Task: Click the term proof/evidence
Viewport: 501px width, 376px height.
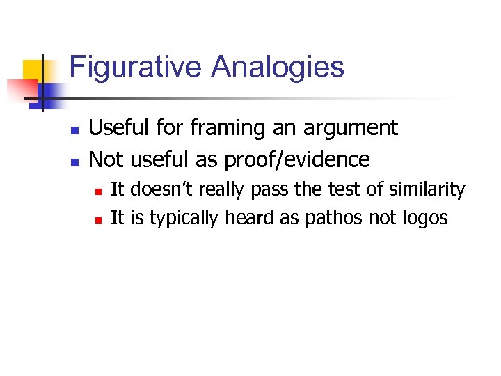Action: (297, 159)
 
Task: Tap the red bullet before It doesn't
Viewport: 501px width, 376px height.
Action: (99, 191)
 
